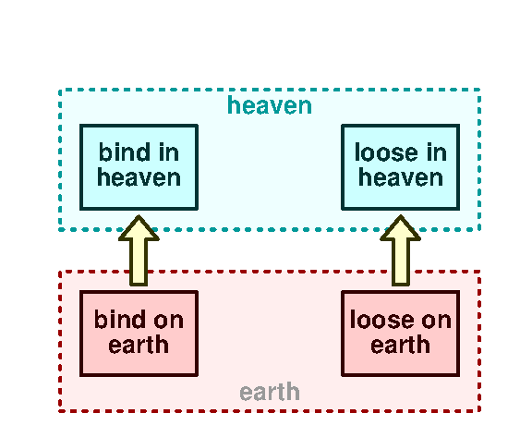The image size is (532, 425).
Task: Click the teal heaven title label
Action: [x=270, y=106]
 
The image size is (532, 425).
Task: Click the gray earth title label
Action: [x=270, y=392]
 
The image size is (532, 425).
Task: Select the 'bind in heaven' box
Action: [x=139, y=167]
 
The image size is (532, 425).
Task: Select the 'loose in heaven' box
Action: [x=400, y=167]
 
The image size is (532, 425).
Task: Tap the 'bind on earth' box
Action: [x=139, y=334]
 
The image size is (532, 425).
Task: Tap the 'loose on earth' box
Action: [x=400, y=334]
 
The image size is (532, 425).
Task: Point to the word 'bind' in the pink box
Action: [x=118, y=321]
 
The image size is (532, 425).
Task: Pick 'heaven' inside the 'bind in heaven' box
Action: [x=139, y=177]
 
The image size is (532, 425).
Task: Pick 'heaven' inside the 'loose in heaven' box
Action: [x=400, y=177]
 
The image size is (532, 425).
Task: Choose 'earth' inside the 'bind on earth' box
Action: [x=139, y=346]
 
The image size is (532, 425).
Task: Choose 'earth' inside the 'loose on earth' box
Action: [x=400, y=346]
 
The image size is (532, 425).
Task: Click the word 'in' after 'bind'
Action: [x=167, y=153]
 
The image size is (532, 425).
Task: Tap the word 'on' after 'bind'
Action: [x=168, y=321]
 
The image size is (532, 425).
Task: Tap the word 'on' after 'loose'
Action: [x=436, y=321]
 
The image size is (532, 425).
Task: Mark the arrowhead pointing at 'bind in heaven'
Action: [x=139, y=228]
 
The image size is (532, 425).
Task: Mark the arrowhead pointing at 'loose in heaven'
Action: [x=400, y=228]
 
